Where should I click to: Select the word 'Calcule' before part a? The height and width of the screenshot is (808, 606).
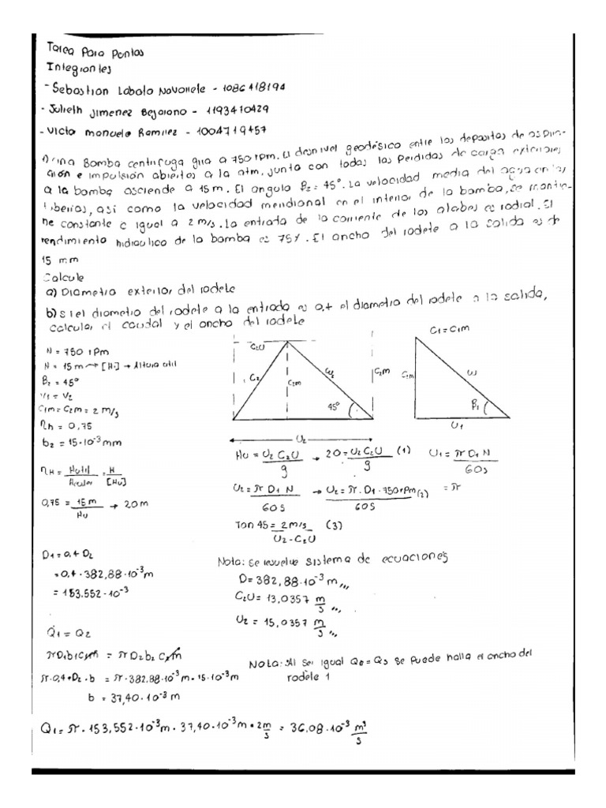click(x=66, y=277)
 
